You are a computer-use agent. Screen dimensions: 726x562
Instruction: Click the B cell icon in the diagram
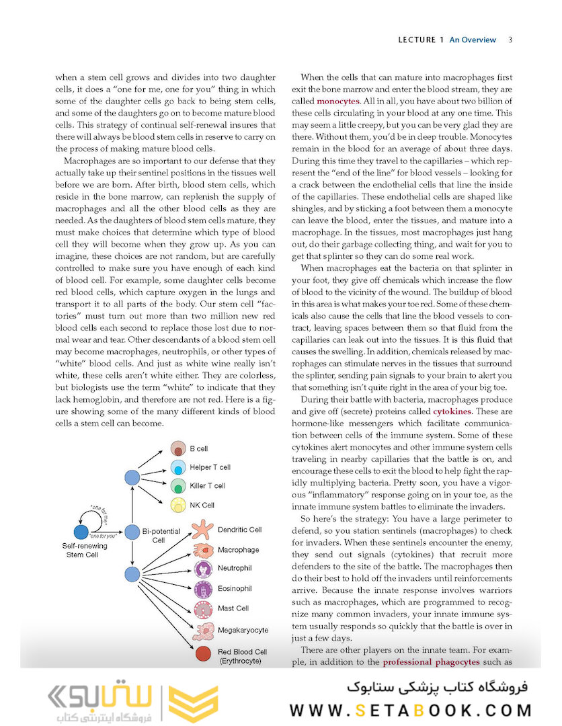pyautogui.click(x=178, y=448)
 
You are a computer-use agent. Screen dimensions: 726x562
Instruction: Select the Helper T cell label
pyautogui.click(x=210, y=467)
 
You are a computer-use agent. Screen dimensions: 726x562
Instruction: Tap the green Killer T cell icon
pyautogui.click(x=178, y=485)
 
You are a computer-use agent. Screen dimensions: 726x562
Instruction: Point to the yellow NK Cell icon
pyautogui.click(x=178, y=505)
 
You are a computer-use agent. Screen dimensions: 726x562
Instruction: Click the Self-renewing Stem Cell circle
pyautogui.click(x=81, y=532)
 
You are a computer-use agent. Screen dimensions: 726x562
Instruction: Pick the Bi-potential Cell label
pyautogui.click(x=159, y=536)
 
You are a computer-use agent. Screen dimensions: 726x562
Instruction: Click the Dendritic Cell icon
pyautogui.click(x=202, y=531)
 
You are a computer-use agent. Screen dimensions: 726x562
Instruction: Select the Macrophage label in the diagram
pyautogui.click(x=238, y=550)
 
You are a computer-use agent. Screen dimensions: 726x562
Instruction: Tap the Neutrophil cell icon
pyautogui.click(x=202, y=569)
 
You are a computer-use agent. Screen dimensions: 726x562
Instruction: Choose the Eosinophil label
pyautogui.click(x=235, y=588)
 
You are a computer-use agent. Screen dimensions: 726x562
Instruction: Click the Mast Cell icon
pyautogui.click(x=202, y=609)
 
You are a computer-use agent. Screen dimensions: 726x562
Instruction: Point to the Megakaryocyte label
pyautogui.click(x=243, y=630)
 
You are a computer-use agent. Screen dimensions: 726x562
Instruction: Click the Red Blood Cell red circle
pyautogui.click(x=202, y=653)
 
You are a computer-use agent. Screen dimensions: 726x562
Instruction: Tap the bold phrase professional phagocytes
pyautogui.click(x=431, y=662)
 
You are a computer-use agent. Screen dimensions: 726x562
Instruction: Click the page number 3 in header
pyautogui.click(x=510, y=40)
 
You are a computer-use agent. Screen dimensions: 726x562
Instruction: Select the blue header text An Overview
pyautogui.click(x=473, y=40)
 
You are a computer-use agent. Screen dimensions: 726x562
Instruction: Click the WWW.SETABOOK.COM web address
pyautogui.click(x=411, y=710)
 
